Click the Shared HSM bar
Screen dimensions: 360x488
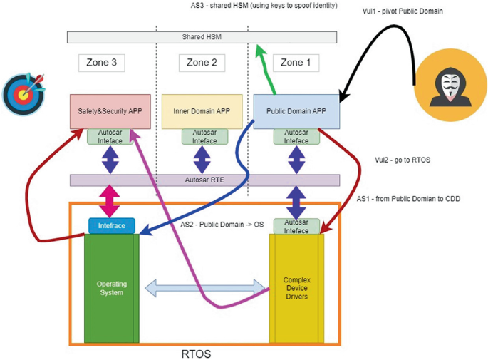pyautogui.click(x=202, y=37)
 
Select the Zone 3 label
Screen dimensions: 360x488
pyautogui.click(x=101, y=63)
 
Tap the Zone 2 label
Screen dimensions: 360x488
pyautogui.click(x=202, y=63)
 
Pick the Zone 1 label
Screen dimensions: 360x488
pyautogui.click(x=296, y=63)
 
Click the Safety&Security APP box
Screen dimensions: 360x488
pyautogui.click(x=110, y=111)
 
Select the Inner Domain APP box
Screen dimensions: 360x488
pyautogui.click(x=202, y=111)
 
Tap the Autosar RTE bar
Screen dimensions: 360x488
pyautogui.click(x=205, y=181)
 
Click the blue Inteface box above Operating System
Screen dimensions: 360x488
pyautogui.click(x=112, y=225)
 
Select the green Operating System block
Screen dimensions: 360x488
pyautogui.click(x=111, y=288)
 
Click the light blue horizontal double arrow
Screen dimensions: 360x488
pyautogui.click(x=205, y=289)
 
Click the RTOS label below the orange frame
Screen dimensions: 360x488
pyautogui.click(x=196, y=353)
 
